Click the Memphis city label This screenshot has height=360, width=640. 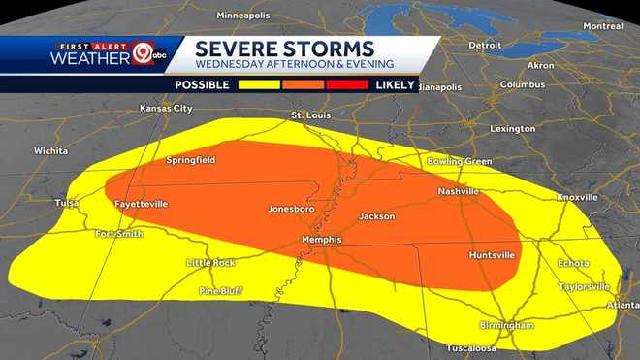[321, 240]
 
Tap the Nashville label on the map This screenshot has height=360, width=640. [459, 192]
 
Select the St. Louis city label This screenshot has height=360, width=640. [311, 115]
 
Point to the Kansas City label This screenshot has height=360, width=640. [167, 109]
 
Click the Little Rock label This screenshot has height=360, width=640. [210, 263]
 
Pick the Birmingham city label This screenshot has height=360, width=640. [506, 325]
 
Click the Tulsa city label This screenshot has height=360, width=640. [66, 203]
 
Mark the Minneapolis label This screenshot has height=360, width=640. [243, 16]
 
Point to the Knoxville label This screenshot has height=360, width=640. [578, 197]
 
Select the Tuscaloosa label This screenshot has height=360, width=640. [471, 347]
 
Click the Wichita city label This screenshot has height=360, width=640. [50, 151]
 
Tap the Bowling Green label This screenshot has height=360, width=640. [452, 161]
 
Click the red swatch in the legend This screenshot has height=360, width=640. [348, 85]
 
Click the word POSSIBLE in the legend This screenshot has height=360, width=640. [202, 85]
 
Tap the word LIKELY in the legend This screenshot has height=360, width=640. [395, 85]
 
